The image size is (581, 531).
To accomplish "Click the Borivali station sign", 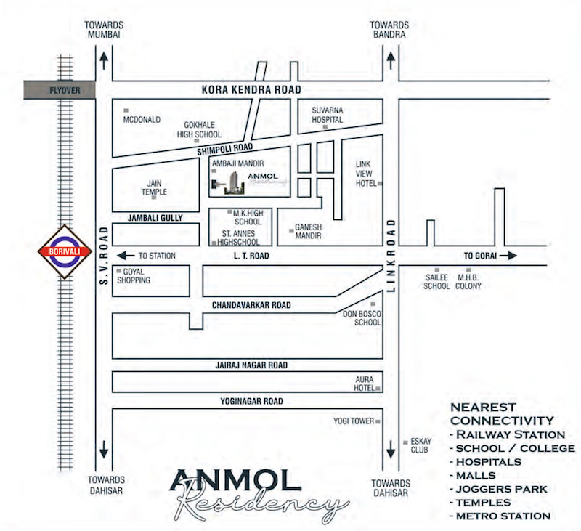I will [65, 251].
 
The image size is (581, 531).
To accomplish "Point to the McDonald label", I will [142, 120].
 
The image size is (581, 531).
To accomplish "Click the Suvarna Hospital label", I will [327, 115].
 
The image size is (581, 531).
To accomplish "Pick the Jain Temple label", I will [154, 187].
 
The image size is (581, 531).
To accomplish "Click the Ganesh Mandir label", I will [308, 232].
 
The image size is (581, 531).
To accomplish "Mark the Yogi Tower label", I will [353, 421].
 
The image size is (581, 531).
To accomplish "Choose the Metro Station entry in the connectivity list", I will [500, 516].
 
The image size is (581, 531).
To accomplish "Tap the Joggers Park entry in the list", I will [499, 489].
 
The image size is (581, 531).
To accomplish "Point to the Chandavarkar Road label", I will [251, 306].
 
